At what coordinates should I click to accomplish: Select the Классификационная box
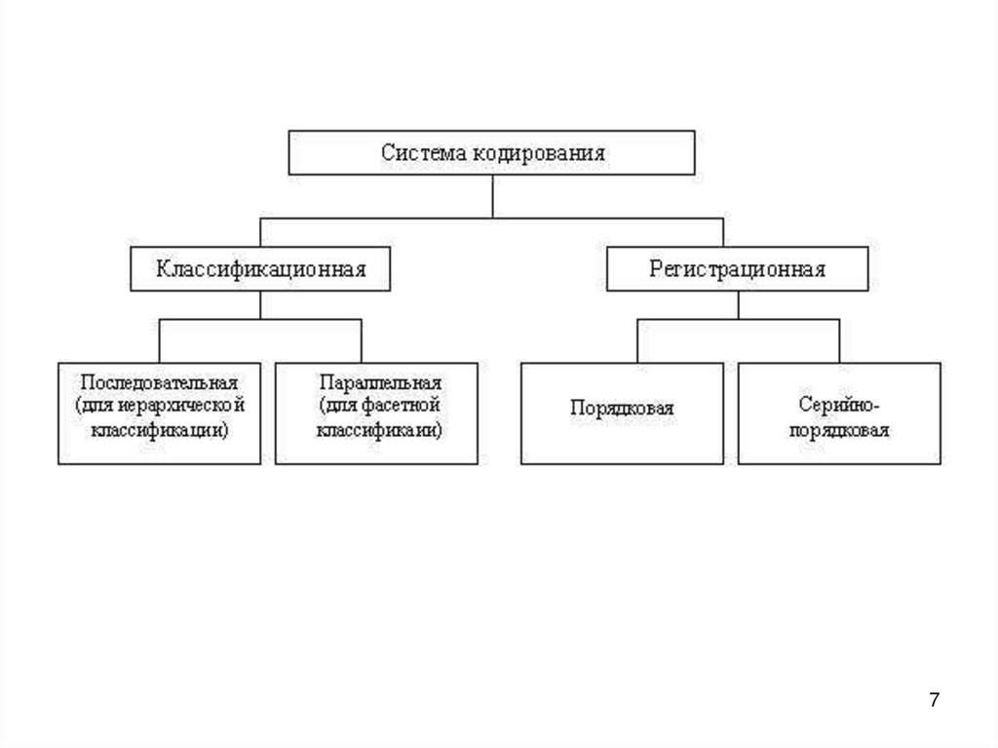[x=260, y=269]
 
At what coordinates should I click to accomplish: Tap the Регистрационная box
[x=737, y=269]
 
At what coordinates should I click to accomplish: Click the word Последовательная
[x=160, y=381]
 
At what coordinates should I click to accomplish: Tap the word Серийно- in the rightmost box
[x=839, y=401]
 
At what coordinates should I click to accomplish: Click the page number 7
[x=936, y=700]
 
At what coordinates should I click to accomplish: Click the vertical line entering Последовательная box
[x=160, y=341]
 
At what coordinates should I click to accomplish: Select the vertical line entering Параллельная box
[x=362, y=341]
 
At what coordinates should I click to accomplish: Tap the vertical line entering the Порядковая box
[x=637, y=341]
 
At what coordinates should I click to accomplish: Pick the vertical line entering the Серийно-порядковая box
[x=839, y=341]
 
